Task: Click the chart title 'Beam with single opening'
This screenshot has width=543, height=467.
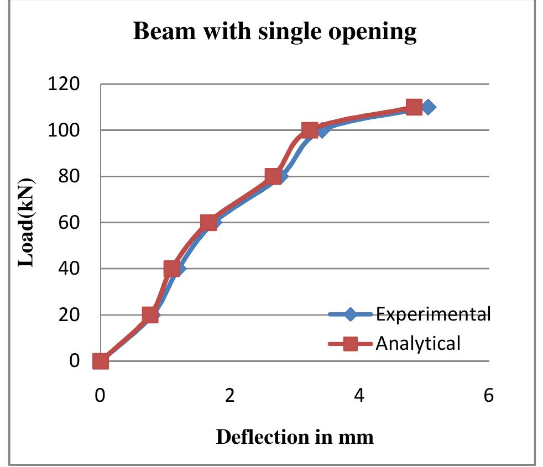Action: pos(275,33)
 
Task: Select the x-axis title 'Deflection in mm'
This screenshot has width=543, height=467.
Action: pos(294,437)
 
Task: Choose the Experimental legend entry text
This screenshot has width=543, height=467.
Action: pos(433,314)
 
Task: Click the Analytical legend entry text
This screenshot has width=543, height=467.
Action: pos(418,344)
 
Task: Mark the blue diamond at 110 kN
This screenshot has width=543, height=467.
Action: pos(427,107)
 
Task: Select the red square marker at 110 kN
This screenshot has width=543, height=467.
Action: pos(413,107)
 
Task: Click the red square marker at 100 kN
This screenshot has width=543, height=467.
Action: pos(310,130)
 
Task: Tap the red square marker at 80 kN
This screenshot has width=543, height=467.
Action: pos(273,177)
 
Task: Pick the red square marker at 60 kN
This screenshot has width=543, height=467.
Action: pos(208,223)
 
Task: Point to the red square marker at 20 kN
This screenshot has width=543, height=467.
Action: pos(150,315)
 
